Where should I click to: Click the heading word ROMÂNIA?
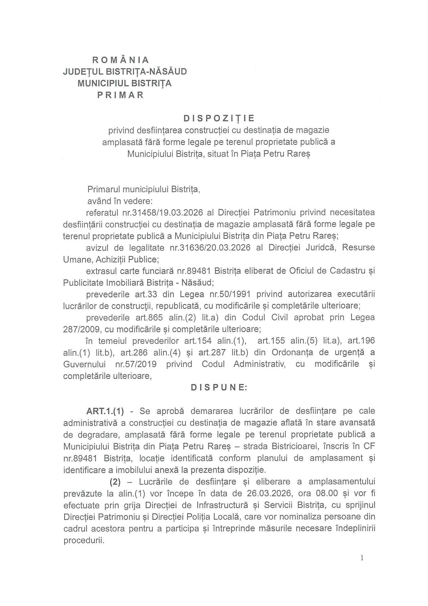point(121,60)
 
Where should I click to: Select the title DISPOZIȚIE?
point(219,118)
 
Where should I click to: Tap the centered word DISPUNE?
point(219,388)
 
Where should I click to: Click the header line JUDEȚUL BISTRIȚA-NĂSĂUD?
point(125,72)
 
